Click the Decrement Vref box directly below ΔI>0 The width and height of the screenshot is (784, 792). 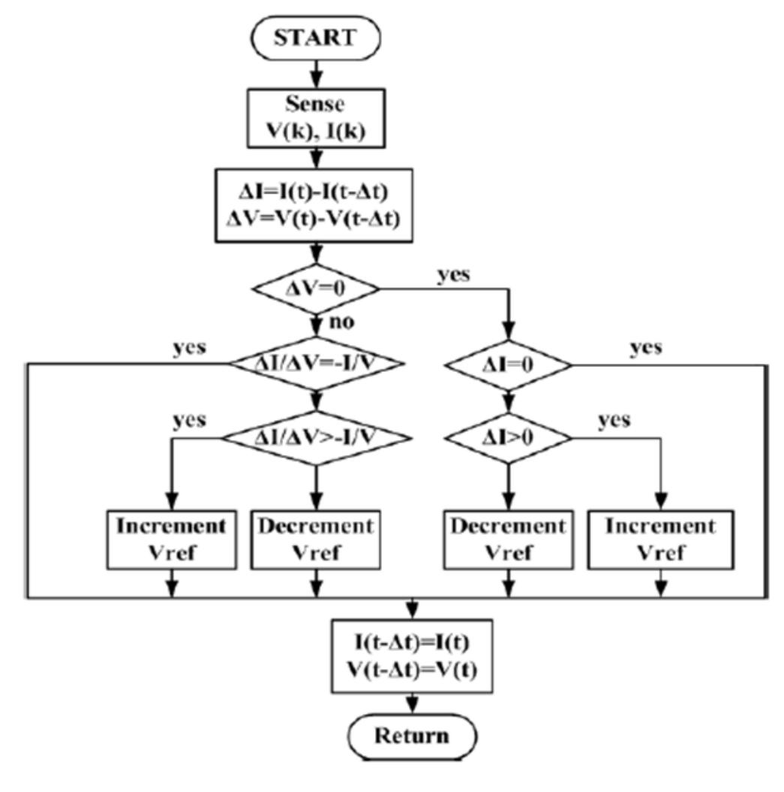point(509,538)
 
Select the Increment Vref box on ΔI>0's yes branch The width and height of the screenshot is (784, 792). point(661,538)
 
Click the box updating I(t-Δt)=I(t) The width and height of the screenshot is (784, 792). point(412,655)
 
